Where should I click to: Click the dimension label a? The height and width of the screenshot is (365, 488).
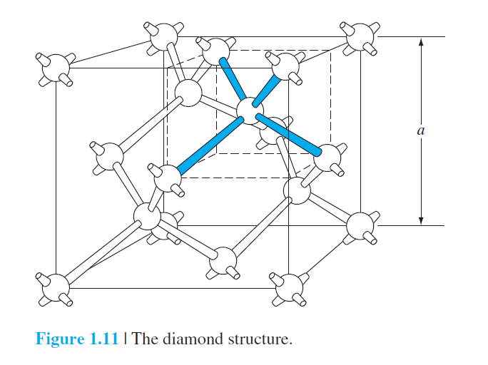point(421,130)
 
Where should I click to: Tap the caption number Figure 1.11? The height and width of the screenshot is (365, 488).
point(77,339)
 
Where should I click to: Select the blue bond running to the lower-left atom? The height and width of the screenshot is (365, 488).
point(208,145)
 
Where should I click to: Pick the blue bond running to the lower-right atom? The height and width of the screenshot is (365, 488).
point(290,133)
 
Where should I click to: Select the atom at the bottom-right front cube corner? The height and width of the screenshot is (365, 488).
point(288,287)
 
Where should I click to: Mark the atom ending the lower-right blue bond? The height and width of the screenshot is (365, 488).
point(329,158)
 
